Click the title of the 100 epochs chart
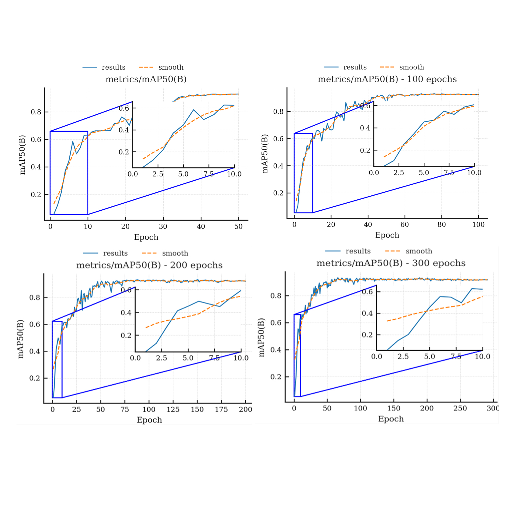[x=387, y=79]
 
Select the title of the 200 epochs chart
[x=149, y=265]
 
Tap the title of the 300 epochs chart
[x=391, y=263]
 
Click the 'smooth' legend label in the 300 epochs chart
[x=419, y=251]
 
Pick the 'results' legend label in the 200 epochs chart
[x=115, y=253]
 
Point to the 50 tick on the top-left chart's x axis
[x=238, y=227]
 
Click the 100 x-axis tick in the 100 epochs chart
[x=478, y=225]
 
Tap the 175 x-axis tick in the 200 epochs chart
[x=221, y=409]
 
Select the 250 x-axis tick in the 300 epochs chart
[x=460, y=408]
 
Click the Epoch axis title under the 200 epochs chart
[x=149, y=420]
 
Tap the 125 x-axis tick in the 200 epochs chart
[x=173, y=409]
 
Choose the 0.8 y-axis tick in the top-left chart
[x=36, y=112]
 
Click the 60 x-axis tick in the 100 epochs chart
[x=404, y=225]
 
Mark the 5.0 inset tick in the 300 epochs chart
[x=430, y=356]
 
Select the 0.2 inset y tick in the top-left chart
[x=124, y=152]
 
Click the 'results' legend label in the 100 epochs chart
[x=355, y=67]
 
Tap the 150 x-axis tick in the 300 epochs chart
[x=393, y=408]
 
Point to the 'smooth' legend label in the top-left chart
[x=171, y=67]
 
